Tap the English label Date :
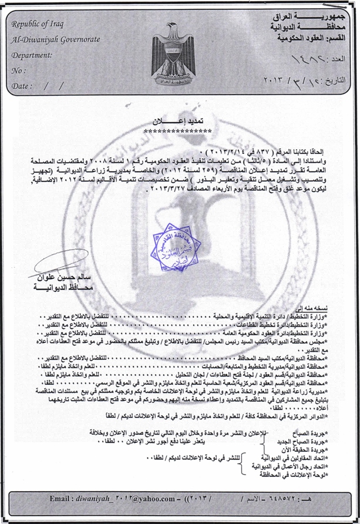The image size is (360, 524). pos(21,86)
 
